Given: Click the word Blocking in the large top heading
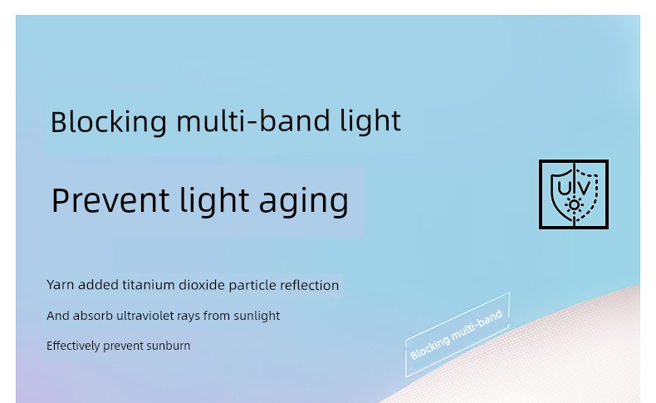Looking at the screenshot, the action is coord(109,122).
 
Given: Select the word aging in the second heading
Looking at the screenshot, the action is coord(304,202).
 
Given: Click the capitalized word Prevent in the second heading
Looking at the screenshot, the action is coord(110,200).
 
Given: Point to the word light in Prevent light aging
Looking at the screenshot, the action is coord(214,201).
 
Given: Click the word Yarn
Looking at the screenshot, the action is coord(61,285).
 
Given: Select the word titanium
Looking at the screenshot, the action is coord(149,285).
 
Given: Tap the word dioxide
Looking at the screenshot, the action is coord(202,285).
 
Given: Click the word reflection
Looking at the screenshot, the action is coord(309,285).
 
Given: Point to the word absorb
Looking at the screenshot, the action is coord(93,316).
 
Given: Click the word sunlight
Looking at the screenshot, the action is coord(257,317).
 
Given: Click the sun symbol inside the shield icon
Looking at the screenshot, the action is coord(574,205).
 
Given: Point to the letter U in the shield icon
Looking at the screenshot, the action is coord(565,188).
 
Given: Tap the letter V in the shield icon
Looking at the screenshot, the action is coord(584,188).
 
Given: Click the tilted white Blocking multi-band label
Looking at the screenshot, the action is coord(457,334).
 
